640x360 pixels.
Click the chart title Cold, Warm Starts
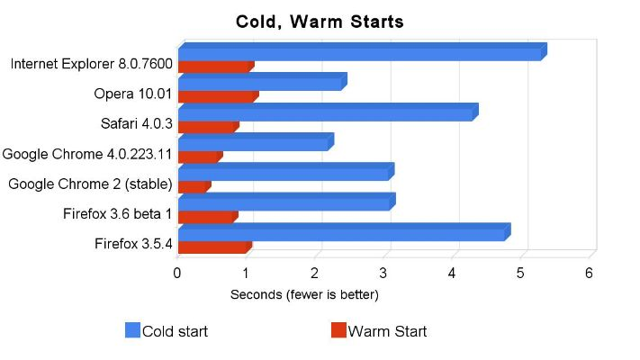tap(320, 20)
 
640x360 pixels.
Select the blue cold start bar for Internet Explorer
tap(360, 54)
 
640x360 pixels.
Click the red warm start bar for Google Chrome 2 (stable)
tap(193, 186)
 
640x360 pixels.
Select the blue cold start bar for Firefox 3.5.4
tap(342, 234)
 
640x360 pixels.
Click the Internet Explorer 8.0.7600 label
tap(91, 64)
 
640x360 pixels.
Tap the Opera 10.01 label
tap(132, 94)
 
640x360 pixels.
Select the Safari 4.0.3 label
tap(136, 123)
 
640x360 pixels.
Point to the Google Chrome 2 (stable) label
tap(90, 184)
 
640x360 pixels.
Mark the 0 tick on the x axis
tap(178, 273)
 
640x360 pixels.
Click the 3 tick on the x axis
tap(384, 273)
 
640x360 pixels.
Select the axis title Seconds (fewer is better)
tap(304, 294)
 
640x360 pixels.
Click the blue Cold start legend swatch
tap(132, 330)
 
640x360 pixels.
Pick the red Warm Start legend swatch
tap(338, 330)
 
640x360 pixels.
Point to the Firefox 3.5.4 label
tap(132, 243)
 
